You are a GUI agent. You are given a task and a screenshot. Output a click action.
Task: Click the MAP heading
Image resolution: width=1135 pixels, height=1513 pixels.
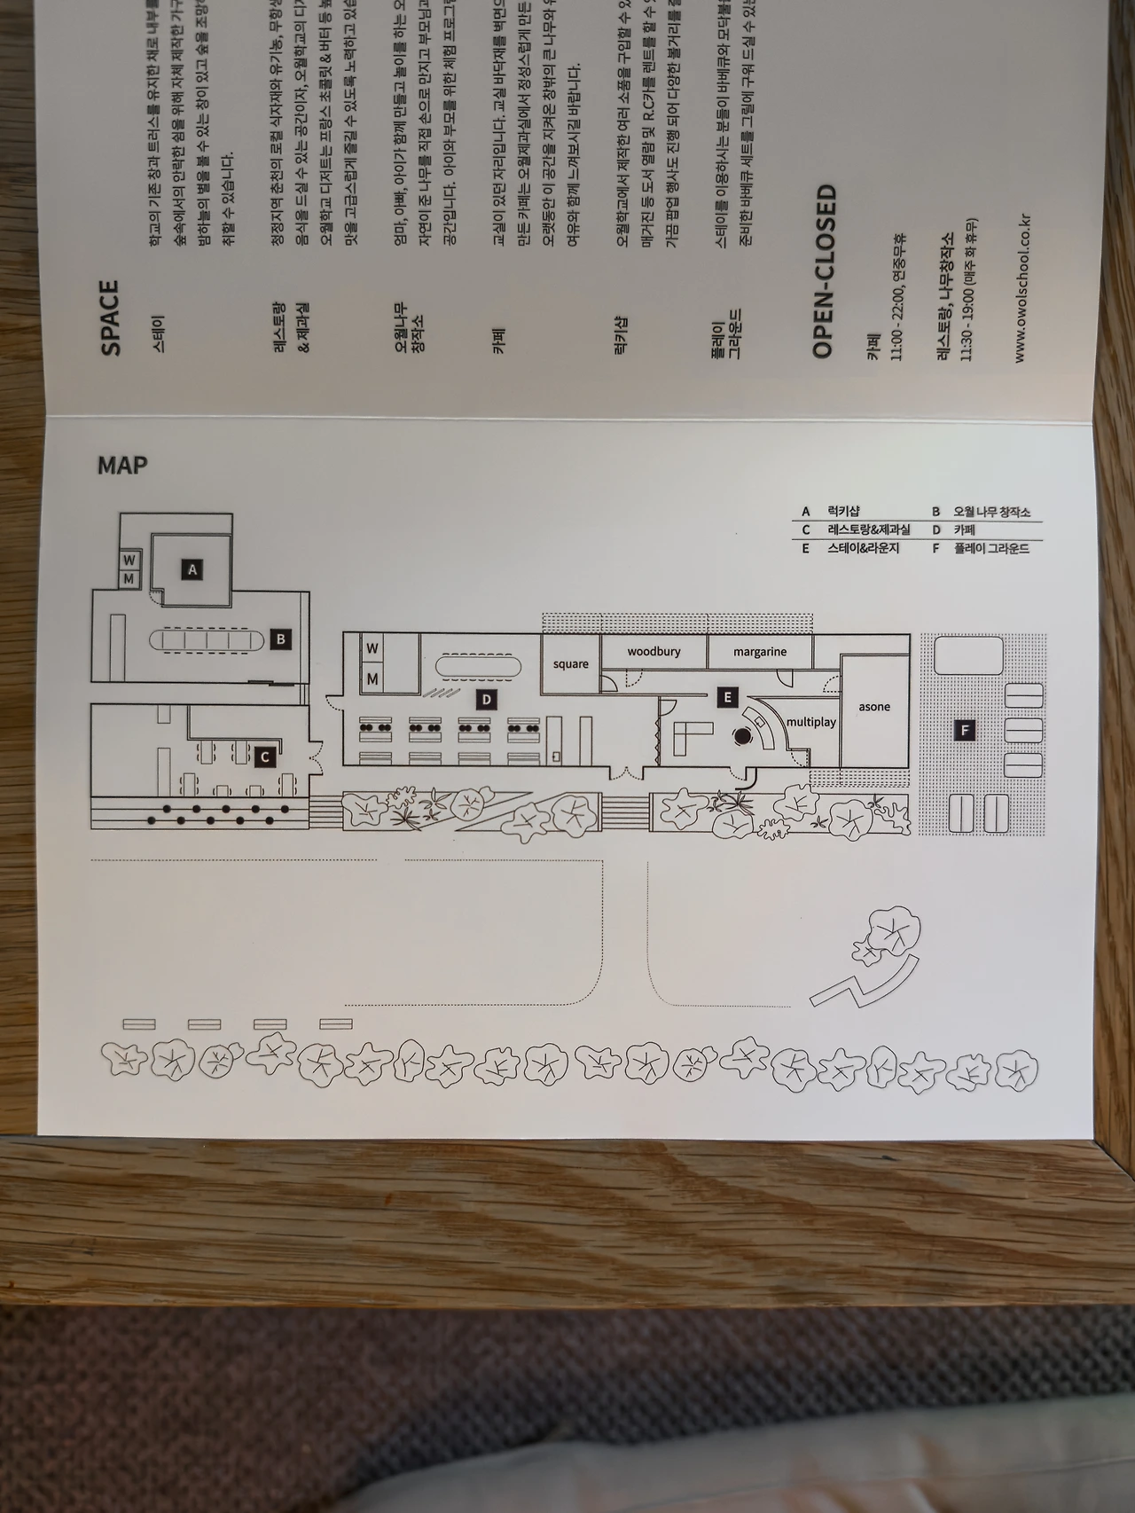pyautogui.click(x=122, y=465)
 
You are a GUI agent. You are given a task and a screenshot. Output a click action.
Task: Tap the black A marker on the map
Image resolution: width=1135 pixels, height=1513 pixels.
pyautogui.click(x=192, y=569)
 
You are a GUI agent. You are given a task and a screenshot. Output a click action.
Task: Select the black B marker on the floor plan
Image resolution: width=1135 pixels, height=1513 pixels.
pyautogui.click(x=280, y=639)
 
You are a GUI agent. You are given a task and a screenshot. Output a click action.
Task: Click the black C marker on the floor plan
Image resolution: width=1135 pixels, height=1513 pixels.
pyautogui.click(x=264, y=757)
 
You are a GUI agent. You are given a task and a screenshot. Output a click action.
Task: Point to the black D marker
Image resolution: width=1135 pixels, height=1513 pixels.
pyautogui.click(x=486, y=700)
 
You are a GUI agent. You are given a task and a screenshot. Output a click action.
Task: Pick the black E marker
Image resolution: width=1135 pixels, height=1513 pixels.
pyautogui.click(x=727, y=697)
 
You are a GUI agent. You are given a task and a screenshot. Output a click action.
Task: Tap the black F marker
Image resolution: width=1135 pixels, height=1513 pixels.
pyautogui.click(x=966, y=731)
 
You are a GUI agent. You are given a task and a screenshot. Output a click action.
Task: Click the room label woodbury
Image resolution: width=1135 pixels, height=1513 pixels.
pyautogui.click(x=654, y=652)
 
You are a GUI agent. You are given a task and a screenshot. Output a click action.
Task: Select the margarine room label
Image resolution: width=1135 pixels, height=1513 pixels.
pyautogui.click(x=760, y=652)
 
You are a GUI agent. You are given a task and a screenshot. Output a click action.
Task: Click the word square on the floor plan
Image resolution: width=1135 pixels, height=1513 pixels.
pyautogui.click(x=570, y=663)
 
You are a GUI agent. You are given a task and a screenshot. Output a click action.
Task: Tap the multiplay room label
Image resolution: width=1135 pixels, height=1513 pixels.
pyautogui.click(x=811, y=722)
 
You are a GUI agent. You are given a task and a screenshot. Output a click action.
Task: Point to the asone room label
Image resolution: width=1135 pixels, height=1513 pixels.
pyautogui.click(x=874, y=707)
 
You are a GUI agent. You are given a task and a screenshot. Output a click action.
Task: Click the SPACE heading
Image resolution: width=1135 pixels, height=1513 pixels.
pyautogui.click(x=110, y=317)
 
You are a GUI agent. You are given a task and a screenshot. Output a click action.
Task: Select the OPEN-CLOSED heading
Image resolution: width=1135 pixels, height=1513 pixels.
pyautogui.click(x=825, y=270)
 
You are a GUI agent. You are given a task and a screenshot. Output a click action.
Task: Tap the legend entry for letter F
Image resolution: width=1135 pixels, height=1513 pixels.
pyautogui.click(x=980, y=549)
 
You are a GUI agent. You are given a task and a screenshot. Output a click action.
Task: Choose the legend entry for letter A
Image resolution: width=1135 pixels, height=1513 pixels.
pyautogui.click(x=832, y=511)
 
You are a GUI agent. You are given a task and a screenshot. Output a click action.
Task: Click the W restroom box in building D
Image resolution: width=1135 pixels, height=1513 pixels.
pyautogui.click(x=372, y=648)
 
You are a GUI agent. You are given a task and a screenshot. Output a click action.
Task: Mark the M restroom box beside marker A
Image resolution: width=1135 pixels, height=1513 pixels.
pyautogui.click(x=129, y=579)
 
